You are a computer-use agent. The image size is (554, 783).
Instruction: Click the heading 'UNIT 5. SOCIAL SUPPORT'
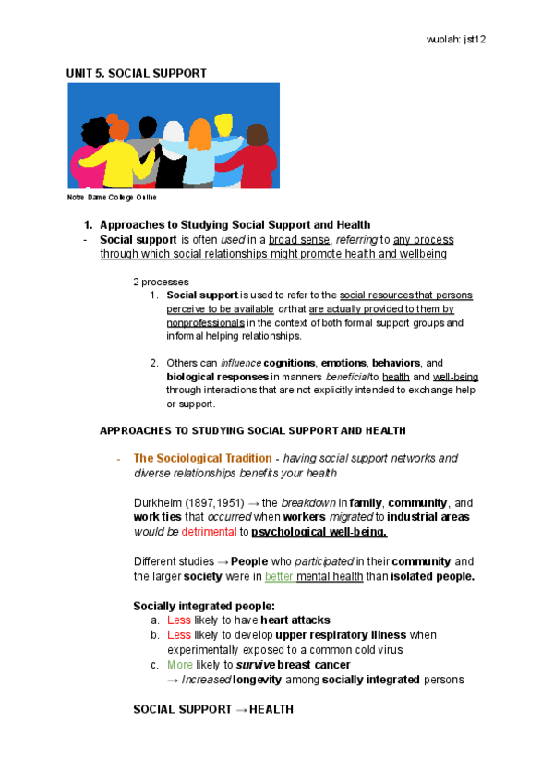(136, 73)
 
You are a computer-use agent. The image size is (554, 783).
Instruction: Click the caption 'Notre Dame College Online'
(112, 198)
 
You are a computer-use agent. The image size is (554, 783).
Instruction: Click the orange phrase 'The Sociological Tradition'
(203, 458)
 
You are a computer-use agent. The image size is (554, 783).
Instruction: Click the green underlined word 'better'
(279, 577)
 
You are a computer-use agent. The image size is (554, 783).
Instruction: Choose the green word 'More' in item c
(180, 666)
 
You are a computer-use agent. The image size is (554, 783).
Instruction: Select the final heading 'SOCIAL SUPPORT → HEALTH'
(213, 710)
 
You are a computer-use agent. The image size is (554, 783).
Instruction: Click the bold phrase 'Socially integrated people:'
(199, 606)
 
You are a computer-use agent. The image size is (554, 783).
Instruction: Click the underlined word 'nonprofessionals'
(205, 323)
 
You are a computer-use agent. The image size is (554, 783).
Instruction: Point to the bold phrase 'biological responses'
(218, 377)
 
